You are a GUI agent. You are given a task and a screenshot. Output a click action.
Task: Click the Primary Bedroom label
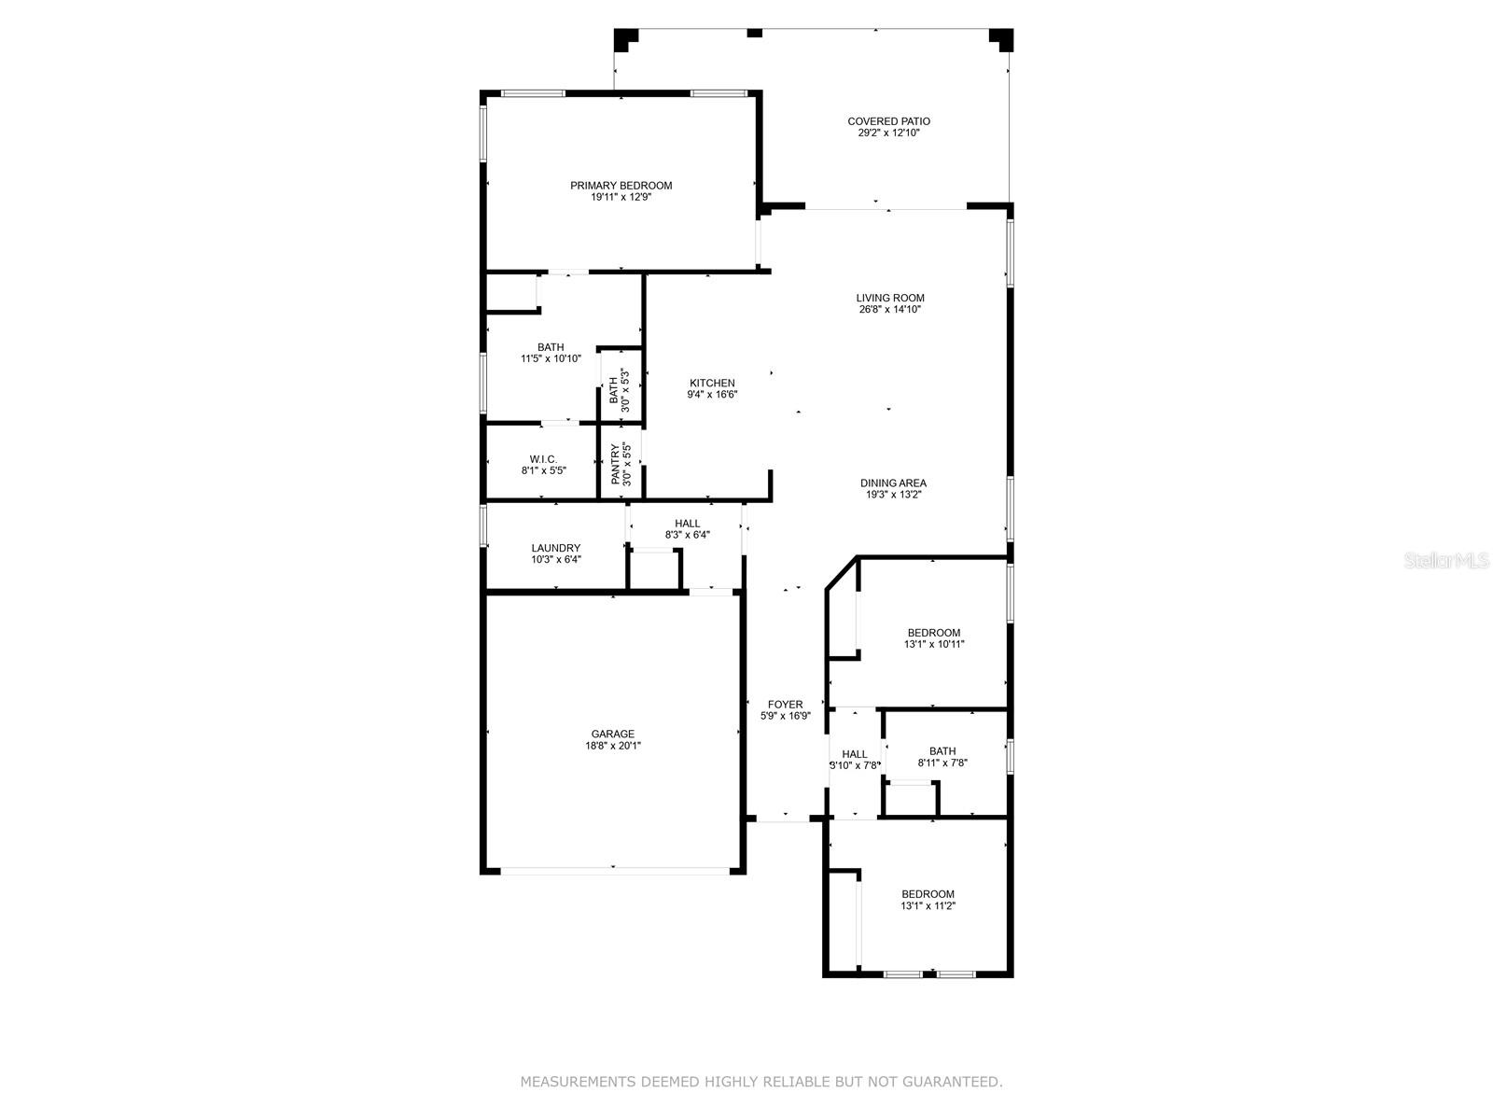pos(621,186)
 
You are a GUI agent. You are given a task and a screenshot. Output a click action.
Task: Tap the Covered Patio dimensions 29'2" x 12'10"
pos(888,133)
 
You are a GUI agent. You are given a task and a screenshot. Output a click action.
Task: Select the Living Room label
pos(889,298)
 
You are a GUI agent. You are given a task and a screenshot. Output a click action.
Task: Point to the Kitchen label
pos(712,383)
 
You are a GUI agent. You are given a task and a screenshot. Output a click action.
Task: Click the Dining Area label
pos(893,483)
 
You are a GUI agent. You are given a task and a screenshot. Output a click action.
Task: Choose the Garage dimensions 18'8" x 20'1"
pos(612,746)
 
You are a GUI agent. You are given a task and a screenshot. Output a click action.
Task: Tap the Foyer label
pos(785,705)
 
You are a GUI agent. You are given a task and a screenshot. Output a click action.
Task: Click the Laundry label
pos(556,548)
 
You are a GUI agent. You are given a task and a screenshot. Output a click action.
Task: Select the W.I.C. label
pos(543,460)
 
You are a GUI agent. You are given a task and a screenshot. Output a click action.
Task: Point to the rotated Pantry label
pos(615,465)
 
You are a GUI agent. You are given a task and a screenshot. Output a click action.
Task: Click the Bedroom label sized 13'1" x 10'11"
pos(934,633)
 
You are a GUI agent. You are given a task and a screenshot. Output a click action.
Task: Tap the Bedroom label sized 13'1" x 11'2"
pos(928,894)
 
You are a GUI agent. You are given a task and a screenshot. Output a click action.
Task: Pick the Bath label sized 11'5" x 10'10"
pos(551,347)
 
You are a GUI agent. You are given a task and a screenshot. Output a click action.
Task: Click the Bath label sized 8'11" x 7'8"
pos(942,751)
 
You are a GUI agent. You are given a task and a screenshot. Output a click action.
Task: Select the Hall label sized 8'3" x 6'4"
pos(687,524)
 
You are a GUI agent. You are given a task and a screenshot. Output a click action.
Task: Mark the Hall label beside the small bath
pos(855,754)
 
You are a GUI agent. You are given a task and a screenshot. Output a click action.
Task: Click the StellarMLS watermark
pos(1446,560)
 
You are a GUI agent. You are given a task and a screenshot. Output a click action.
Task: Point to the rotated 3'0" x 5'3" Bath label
pos(613,391)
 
